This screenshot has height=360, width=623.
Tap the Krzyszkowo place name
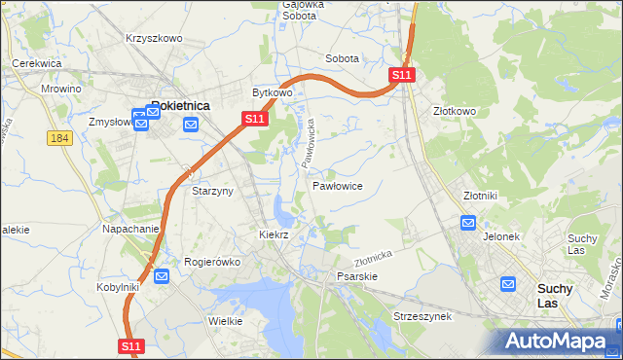click(154, 38)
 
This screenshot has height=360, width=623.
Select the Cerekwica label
click(37, 63)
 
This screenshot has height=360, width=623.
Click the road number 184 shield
click(59, 138)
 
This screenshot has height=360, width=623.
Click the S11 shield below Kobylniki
click(132, 345)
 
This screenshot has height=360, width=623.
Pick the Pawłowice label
click(338, 185)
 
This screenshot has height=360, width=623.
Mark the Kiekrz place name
click(275, 234)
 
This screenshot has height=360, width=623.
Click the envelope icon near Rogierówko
click(162, 276)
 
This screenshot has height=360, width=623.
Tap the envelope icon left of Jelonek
click(467, 223)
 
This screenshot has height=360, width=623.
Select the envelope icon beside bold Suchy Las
click(508, 284)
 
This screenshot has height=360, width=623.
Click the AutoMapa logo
click(557, 341)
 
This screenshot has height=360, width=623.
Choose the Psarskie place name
click(356, 276)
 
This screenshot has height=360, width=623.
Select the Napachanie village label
click(130, 229)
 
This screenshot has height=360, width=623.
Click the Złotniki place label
click(480, 195)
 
